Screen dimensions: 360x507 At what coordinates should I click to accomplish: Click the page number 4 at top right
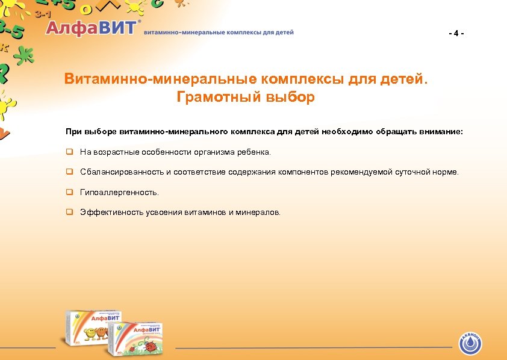point(456,33)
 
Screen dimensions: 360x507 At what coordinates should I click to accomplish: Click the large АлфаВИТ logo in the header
point(93,28)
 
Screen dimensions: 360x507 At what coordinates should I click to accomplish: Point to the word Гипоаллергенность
point(120,192)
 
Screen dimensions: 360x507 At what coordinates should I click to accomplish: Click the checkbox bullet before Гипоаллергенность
point(69,192)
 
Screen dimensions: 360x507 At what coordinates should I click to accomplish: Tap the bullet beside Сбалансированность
point(69,172)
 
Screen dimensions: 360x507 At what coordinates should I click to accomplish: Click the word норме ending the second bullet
point(446,172)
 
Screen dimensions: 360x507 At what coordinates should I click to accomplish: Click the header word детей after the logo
point(283,32)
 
